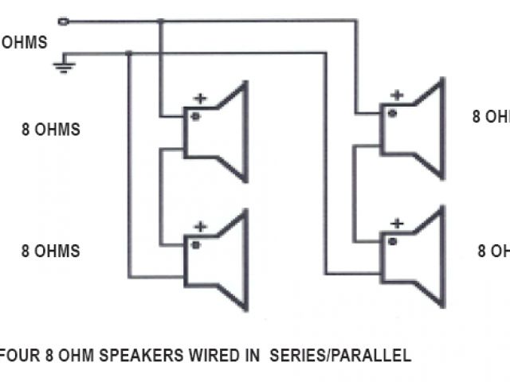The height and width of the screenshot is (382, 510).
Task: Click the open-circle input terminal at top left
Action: coord(64,21)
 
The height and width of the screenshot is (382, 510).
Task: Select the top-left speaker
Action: coord(216,131)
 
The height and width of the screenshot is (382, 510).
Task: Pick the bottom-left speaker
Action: coord(216,258)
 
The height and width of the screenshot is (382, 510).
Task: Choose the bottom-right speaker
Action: coord(411,255)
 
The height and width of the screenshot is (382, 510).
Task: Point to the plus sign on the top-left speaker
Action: coord(200,99)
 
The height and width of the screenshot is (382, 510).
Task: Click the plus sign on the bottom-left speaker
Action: coord(200,227)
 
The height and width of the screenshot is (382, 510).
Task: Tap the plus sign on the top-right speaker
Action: coord(395,95)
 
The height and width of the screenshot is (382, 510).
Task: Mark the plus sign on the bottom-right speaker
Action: coord(395,224)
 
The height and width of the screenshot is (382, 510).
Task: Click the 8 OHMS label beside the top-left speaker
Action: coord(51,130)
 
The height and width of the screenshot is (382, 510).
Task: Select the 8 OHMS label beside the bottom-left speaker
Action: coord(51,251)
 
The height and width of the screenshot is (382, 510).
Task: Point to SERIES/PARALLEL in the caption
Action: coord(341,356)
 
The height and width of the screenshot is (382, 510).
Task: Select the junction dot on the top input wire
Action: coord(160,21)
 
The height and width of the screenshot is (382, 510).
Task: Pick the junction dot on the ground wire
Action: coord(128,53)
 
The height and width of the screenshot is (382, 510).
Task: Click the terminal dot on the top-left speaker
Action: coord(194,116)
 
